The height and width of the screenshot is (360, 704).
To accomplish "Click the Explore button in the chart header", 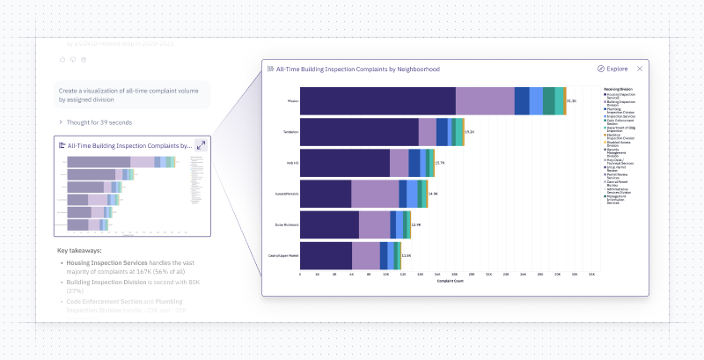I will point(612,69).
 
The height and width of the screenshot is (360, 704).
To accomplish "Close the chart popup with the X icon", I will point(640,69).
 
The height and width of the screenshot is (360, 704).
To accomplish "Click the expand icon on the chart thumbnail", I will point(201,145).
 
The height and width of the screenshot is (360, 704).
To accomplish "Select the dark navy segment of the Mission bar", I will point(378,101).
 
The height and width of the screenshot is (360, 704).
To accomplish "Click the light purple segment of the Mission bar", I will point(485,101).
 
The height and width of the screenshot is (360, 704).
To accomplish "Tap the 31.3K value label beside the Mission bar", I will point(572,101).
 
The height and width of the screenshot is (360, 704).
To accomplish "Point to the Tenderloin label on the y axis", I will point(290,132).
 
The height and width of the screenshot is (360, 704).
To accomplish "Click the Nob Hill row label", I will point(292,163).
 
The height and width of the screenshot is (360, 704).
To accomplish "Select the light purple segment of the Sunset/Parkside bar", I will point(375,194).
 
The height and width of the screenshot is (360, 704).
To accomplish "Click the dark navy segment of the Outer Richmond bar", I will point(329,224).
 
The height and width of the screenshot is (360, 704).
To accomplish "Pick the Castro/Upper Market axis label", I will point(283,255).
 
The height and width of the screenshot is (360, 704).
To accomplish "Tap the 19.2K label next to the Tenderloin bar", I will point(469,132).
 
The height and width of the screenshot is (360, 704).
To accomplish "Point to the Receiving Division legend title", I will point(620,89).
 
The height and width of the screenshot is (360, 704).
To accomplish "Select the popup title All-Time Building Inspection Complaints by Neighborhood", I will point(358,69).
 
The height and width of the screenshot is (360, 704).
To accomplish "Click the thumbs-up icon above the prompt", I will point(62,59).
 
